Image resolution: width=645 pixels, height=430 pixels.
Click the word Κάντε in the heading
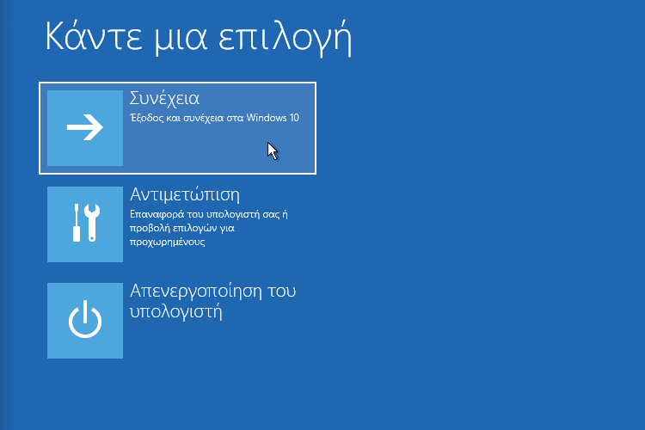point(94,36)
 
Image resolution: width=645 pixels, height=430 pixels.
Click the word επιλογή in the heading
point(285,39)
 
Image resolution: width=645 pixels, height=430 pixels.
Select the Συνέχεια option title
point(164,98)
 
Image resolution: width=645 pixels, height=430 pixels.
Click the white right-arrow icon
point(85,127)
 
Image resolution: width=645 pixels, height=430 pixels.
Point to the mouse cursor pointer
point(272,150)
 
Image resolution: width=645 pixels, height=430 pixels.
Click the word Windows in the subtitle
point(267,118)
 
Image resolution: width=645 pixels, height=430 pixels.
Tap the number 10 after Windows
point(294,118)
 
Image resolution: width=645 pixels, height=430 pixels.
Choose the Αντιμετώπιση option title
point(185,194)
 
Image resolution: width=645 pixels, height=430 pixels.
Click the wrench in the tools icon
point(92,223)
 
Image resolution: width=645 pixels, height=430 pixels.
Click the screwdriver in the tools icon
point(77,223)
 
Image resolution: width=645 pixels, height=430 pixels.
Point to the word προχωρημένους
point(168,242)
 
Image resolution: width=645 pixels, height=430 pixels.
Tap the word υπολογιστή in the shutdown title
point(176,311)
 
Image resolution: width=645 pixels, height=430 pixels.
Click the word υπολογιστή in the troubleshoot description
point(234,215)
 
